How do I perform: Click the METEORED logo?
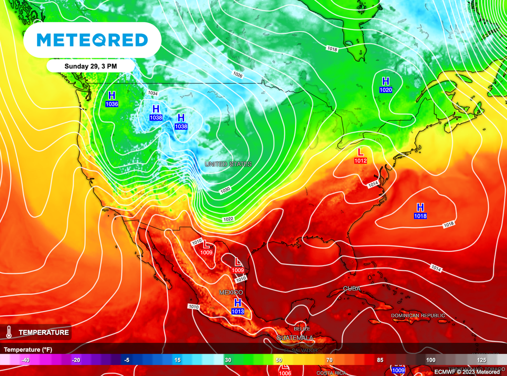point(92,40)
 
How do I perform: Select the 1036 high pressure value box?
point(112,104)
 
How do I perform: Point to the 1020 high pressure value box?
point(386,90)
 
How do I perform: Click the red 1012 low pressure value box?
point(360,160)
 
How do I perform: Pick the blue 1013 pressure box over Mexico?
point(238,311)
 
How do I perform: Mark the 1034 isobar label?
point(152,93)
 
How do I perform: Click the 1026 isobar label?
point(238,75)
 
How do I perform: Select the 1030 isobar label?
point(225,190)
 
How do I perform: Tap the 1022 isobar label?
point(228,219)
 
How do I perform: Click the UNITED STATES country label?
point(228,164)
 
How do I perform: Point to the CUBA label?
point(352,288)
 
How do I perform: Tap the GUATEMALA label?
point(295,337)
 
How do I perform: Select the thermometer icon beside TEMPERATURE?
point(9,332)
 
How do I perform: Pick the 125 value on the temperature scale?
point(481,360)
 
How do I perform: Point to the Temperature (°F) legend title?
point(28,349)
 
